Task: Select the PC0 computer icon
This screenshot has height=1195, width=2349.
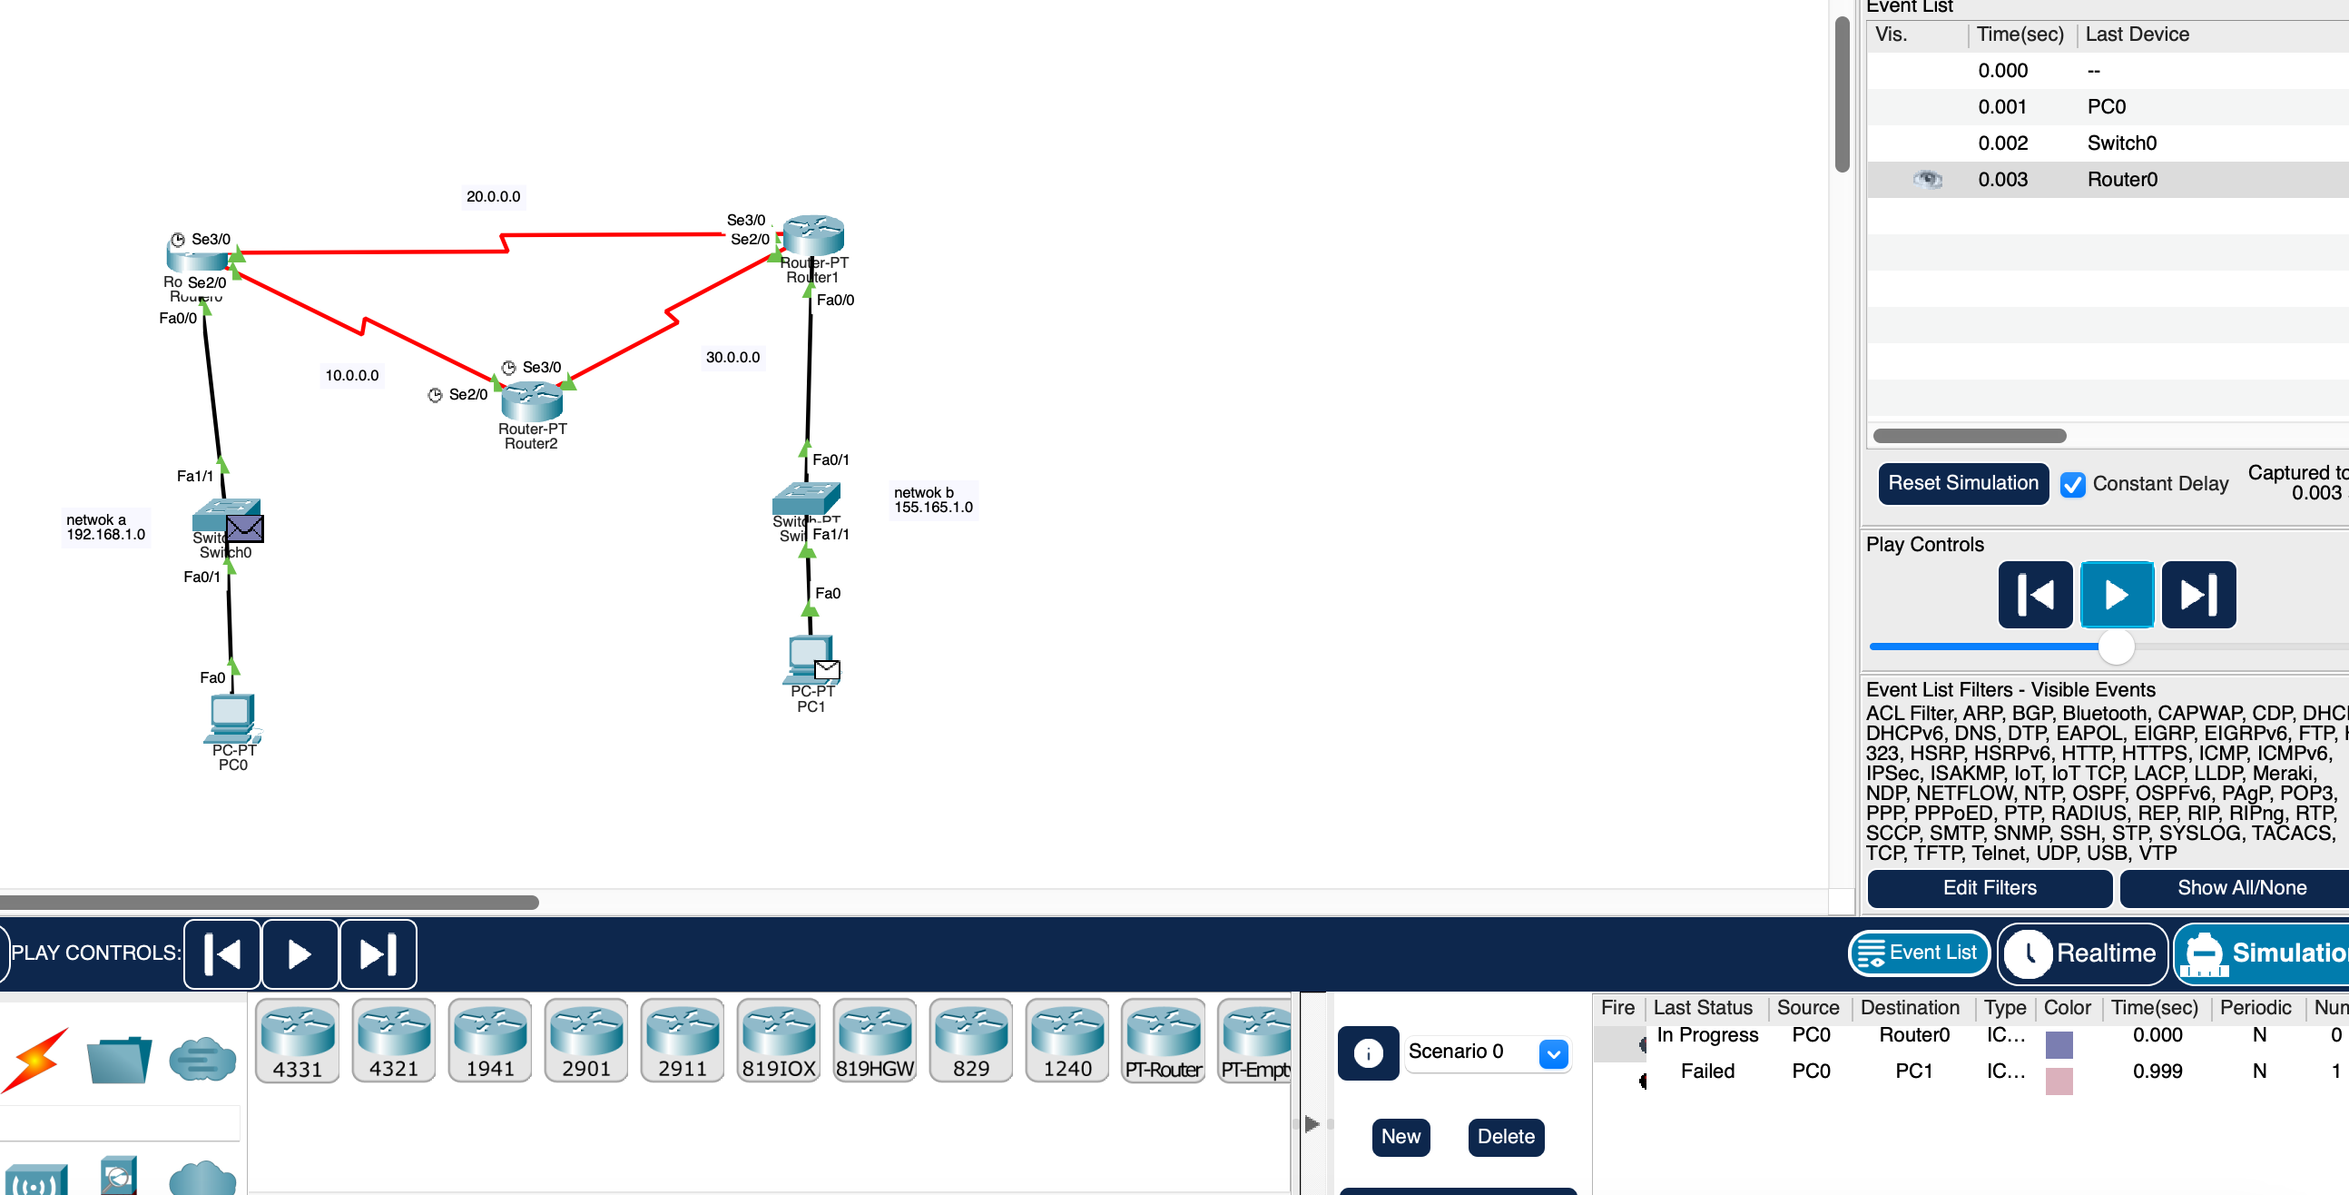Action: (231, 719)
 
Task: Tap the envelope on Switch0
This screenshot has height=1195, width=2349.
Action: (244, 528)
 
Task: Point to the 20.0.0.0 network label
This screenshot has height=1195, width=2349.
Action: (494, 196)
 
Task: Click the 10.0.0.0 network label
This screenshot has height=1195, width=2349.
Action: (352, 375)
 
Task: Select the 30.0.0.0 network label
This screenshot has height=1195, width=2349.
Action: (732, 357)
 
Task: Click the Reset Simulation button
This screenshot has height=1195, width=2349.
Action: (1962, 482)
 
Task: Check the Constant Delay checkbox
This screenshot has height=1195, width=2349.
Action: (2072, 484)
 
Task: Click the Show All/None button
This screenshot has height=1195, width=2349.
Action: (2240, 887)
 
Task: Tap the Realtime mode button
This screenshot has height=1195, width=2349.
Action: (2083, 953)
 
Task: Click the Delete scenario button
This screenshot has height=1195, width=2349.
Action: (1506, 1137)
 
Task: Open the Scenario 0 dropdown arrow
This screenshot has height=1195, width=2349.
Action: (1553, 1053)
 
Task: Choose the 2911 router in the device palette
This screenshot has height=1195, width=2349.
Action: (682, 1040)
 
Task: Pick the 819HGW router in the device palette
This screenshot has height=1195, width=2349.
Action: (874, 1040)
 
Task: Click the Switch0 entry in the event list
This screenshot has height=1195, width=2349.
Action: (2121, 143)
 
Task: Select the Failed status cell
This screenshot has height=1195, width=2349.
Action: (1707, 1071)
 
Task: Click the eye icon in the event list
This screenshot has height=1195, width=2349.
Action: (1927, 179)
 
